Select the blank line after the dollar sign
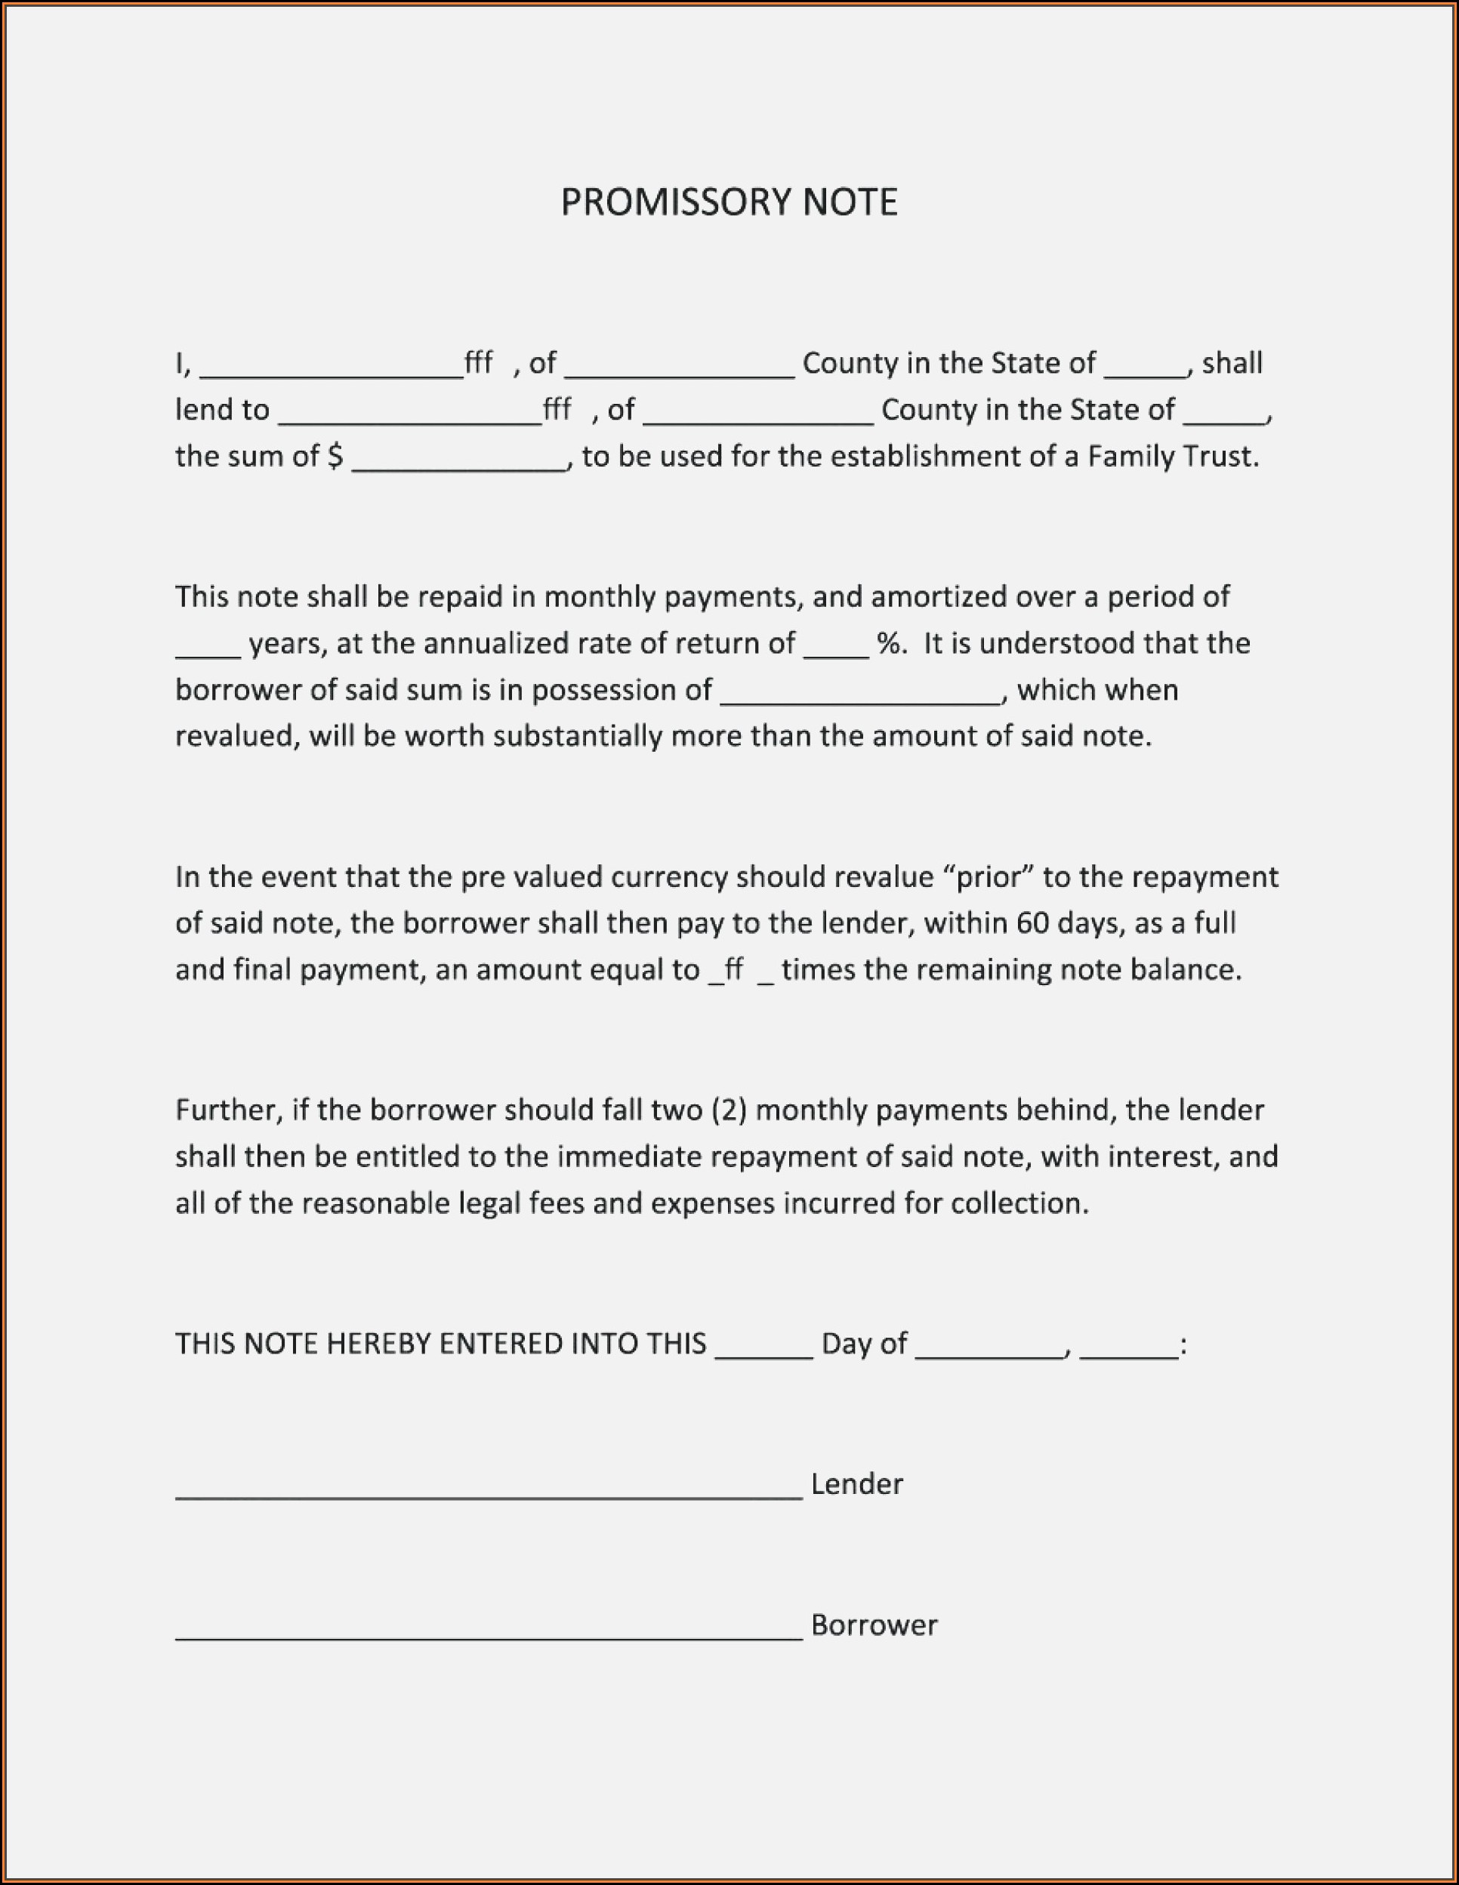[459, 466]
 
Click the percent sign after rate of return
[888, 644]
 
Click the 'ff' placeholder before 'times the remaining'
[734, 969]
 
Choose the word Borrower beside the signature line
[874, 1625]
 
